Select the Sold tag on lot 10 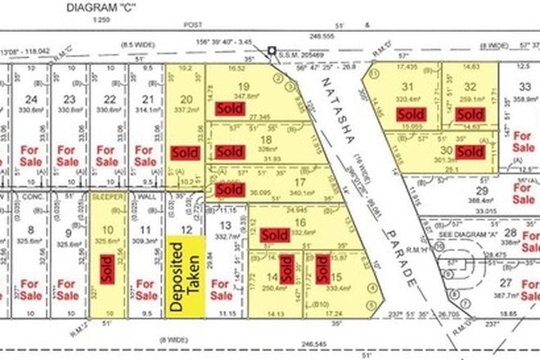106,269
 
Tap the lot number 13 223,225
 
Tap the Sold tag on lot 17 231,187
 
